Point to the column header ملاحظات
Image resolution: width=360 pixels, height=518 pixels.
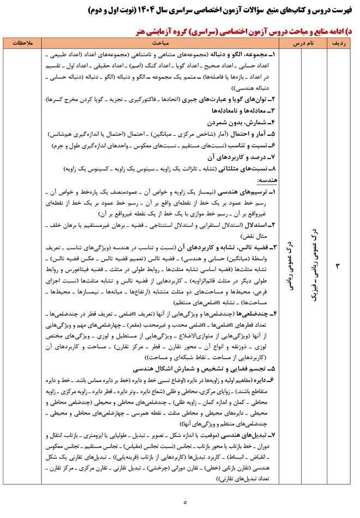[x=22, y=42]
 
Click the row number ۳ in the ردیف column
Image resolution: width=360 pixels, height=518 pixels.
[x=337, y=266]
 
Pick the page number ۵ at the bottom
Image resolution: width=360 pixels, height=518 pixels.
[x=184, y=502]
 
